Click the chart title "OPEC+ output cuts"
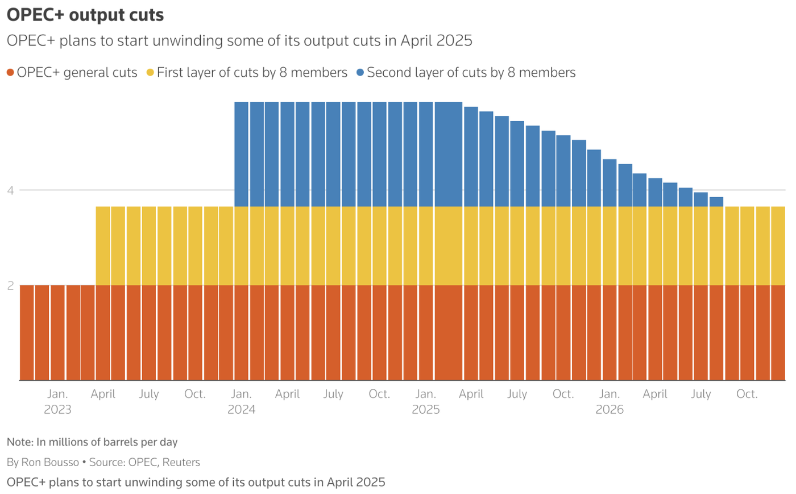click(x=85, y=15)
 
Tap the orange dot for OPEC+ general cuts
click(x=10, y=73)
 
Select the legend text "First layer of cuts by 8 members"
click(x=252, y=73)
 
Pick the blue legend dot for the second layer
click(x=360, y=73)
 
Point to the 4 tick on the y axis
click(x=10, y=190)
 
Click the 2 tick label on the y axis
click(x=10, y=286)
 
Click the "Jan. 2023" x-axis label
click(x=57, y=401)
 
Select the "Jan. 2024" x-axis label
click(x=242, y=401)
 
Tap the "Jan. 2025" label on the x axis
click(x=426, y=401)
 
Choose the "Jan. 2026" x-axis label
click(x=610, y=401)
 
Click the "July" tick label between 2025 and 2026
click(x=517, y=394)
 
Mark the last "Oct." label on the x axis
click(x=747, y=394)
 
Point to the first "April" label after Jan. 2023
click(x=103, y=394)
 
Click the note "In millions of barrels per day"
click(x=107, y=442)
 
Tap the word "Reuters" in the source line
click(x=181, y=462)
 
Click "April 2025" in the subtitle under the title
click(x=436, y=41)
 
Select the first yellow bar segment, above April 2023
click(x=102, y=246)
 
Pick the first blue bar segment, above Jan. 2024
click(x=242, y=154)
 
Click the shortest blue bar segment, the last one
click(x=716, y=202)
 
